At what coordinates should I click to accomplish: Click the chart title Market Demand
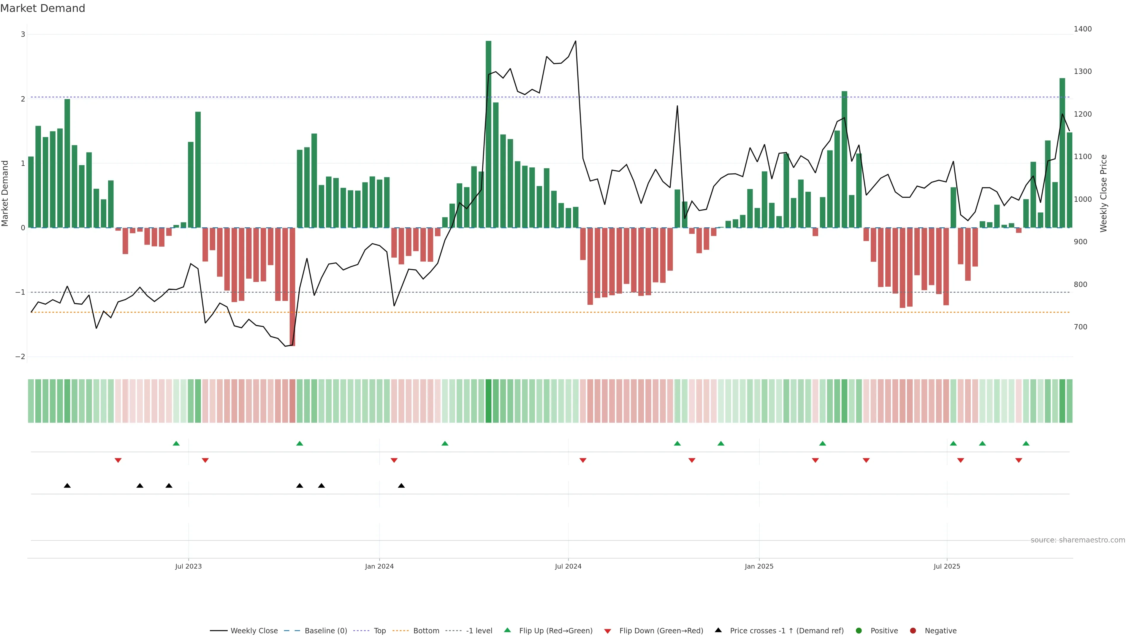(42, 8)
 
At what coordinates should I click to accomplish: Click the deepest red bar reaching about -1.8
(292, 288)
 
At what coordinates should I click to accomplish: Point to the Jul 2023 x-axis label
(188, 566)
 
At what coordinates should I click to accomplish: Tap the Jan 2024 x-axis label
(379, 566)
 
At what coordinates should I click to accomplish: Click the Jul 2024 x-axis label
(568, 566)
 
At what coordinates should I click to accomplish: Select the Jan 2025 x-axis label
(759, 566)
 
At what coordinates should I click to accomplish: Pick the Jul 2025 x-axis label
(947, 566)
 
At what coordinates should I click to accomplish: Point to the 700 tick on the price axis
(1080, 327)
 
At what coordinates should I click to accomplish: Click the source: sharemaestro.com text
(1078, 540)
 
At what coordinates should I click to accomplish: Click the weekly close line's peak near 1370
(575, 41)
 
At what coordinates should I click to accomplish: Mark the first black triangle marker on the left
(67, 486)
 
